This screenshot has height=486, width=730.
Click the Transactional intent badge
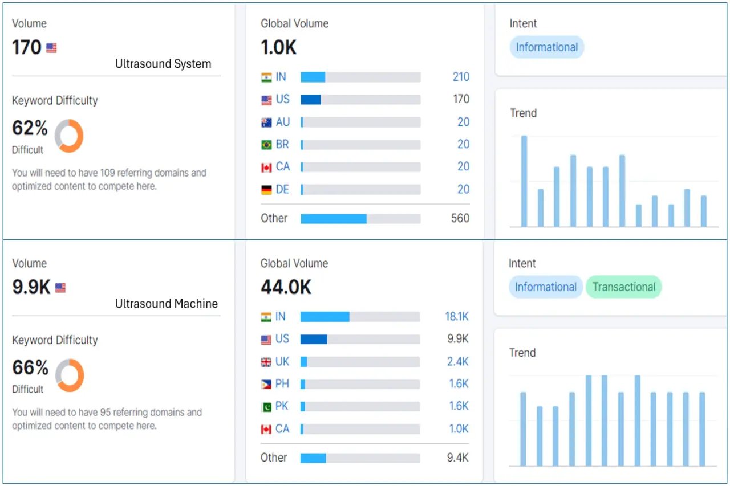pos(623,287)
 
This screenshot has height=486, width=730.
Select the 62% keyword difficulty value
pos(30,128)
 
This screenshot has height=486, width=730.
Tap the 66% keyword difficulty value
pos(30,367)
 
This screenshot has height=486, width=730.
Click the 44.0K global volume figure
pos(286,287)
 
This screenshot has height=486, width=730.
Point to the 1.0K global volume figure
pos(278,47)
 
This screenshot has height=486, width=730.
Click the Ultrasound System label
pos(163,64)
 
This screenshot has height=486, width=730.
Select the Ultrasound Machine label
pos(166,304)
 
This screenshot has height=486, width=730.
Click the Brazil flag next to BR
pos(266,145)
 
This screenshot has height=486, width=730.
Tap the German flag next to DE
pos(266,190)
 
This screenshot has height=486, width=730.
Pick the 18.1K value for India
pos(457,317)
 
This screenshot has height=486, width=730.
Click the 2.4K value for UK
pos(457,361)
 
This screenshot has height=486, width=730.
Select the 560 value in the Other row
pos(460,218)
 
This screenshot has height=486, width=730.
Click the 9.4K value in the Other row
pos(458,458)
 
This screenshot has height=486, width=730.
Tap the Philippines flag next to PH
pos(266,384)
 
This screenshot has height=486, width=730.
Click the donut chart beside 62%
pos(69,136)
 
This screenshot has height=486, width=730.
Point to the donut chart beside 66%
pos(70,375)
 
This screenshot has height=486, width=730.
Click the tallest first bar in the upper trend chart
pos(524,181)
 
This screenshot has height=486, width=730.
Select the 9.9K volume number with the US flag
pos(31,287)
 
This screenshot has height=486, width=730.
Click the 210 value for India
pos(461,77)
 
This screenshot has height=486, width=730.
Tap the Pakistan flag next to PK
pos(266,406)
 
